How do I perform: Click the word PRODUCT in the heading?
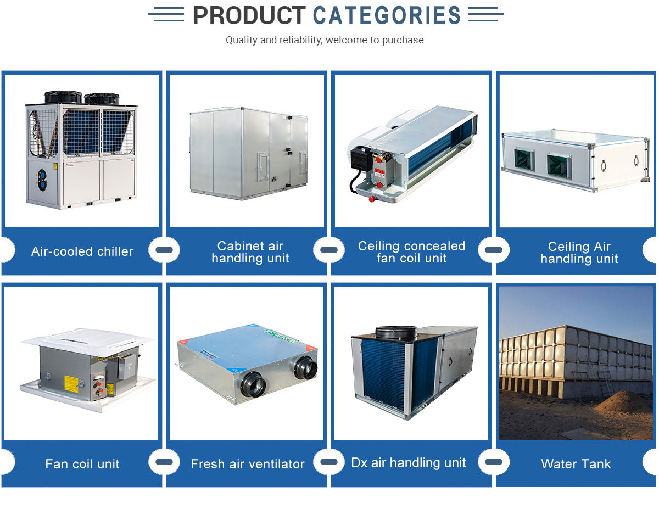249,15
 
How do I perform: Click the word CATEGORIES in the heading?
387,15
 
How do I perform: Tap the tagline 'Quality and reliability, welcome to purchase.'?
326,40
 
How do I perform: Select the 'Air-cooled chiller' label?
82,251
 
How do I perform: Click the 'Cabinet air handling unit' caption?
250,252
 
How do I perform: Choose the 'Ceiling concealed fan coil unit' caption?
411,252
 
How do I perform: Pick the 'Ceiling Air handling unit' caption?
579,253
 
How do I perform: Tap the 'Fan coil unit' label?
82,464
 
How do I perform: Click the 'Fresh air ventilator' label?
247,464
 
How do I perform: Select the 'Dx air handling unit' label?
409,463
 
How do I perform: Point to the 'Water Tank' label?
576,464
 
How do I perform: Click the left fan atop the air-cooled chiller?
63,97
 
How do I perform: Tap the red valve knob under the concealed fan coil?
379,199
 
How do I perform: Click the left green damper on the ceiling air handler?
524,160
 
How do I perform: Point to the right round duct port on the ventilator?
305,368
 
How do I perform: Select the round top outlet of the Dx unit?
395,332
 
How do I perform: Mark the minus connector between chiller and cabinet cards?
164,250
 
